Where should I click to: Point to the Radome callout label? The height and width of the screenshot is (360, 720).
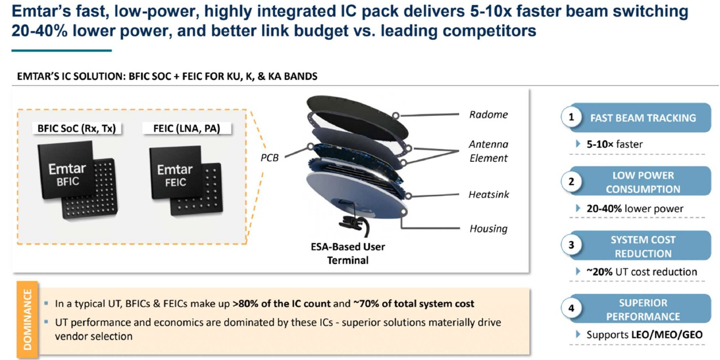click(x=488, y=115)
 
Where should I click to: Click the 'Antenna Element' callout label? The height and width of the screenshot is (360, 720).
click(x=488, y=151)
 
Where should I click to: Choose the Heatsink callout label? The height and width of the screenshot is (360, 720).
click(x=488, y=194)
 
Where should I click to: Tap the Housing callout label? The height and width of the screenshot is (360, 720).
click(x=488, y=229)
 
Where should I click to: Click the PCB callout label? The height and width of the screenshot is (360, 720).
click(x=269, y=158)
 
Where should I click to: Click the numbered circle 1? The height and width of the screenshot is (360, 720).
click(x=571, y=118)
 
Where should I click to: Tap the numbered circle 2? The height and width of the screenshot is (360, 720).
click(x=571, y=182)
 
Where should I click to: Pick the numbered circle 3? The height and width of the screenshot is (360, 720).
click(x=571, y=245)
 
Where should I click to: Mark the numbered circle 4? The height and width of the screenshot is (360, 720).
click(x=571, y=309)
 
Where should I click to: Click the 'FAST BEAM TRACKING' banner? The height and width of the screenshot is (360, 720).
click(x=643, y=118)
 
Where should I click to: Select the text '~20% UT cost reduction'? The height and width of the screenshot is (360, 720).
click(x=642, y=272)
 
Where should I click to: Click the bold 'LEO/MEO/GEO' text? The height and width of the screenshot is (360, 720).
click(x=667, y=335)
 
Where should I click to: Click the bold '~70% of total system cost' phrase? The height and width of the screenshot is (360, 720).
click(x=413, y=304)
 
